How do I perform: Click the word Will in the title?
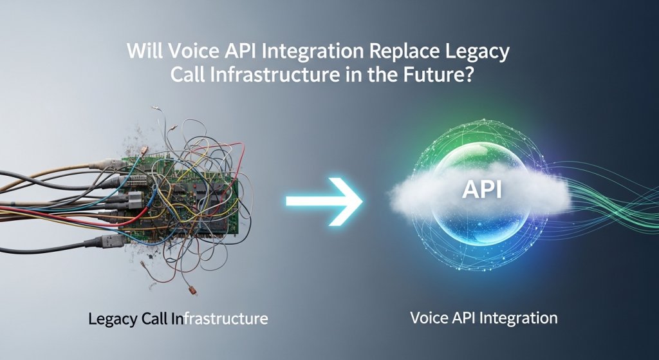144,52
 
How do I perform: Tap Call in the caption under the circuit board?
158,318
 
